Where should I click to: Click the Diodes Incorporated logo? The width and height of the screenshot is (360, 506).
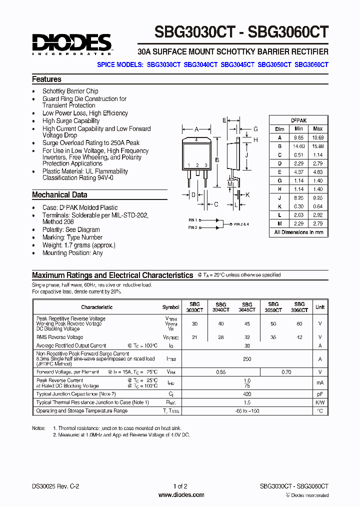click(x=72, y=43)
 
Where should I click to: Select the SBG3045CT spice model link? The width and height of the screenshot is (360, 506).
click(x=237, y=64)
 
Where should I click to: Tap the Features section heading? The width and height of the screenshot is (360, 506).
click(x=46, y=79)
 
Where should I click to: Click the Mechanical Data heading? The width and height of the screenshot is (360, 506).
click(x=59, y=195)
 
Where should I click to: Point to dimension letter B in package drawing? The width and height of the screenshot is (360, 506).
click(x=216, y=160)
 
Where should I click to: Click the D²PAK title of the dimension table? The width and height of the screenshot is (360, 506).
click(x=299, y=120)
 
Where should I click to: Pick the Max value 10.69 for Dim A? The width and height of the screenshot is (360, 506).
click(x=317, y=137)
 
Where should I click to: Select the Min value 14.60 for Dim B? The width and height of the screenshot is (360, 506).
click(x=298, y=145)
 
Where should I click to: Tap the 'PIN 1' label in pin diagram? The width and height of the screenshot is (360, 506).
click(x=193, y=219)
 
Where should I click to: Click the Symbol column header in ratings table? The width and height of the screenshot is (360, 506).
click(x=170, y=307)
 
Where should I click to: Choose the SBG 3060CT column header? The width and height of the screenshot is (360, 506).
click(x=299, y=307)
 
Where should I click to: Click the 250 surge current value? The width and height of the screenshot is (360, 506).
click(x=247, y=359)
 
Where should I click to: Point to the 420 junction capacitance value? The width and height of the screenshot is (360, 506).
click(x=247, y=394)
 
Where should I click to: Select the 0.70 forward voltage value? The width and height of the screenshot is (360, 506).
click(x=286, y=372)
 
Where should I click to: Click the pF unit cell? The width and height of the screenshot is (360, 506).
click(x=320, y=394)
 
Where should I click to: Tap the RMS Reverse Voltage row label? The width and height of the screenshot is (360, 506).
click(x=59, y=337)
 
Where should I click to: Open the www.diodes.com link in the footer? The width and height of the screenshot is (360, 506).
click(x=181, y=495)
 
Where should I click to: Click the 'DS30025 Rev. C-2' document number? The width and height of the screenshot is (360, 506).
click(x=55, y=486)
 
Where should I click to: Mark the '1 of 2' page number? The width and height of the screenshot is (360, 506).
click(x=180, y=486)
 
